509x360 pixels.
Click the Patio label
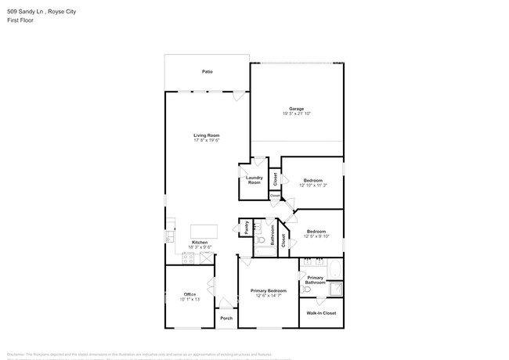(x=208, y=71)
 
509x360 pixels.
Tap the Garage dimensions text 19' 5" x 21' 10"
(x=296, y=114)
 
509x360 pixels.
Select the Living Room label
(x=207, y=135)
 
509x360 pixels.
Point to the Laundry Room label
(x=254, y=180)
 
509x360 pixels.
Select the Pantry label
(x=245, y=227)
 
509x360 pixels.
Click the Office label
(x=190, y=293)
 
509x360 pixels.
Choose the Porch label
(x=226, y=319)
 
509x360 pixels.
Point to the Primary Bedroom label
(x=268, y=290)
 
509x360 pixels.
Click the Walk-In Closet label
(x=321, y=313)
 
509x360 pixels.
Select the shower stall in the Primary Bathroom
(x=335, y=290)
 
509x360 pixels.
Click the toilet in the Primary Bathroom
(x=309, y=289)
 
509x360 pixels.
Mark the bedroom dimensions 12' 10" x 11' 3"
(x=312, y=185)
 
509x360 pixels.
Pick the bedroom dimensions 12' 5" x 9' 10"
(x=316, y=236)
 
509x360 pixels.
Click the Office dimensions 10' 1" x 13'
(x=190, y=299)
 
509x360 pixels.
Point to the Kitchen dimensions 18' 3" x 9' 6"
(x=200, y=247)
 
